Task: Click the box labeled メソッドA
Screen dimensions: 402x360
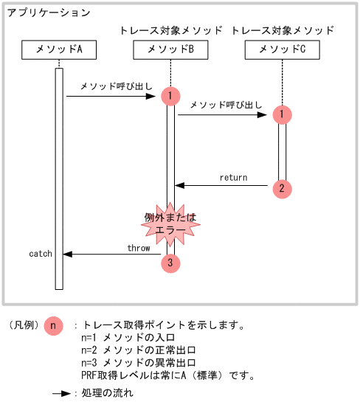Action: tap(59, 50)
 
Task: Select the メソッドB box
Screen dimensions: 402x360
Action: tap(170, 50)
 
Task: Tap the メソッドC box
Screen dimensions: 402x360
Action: tap(281, 50)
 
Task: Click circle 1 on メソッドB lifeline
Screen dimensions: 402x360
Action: tap(170, 96)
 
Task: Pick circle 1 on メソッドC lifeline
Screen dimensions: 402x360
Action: tap(281, 114)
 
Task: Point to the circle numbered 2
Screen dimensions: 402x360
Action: tap(281, 188)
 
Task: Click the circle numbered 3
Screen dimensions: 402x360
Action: tap(170, 263)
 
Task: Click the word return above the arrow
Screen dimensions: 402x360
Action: tap(233, 178)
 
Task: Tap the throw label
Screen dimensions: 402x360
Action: tap(139, 248)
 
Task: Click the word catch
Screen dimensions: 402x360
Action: tap(41, 254)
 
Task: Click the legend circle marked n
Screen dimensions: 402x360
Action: tap(53, 325)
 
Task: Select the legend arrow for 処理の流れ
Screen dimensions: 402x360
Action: tap(60, 394)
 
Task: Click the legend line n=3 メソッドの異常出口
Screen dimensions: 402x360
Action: tap(138, 363)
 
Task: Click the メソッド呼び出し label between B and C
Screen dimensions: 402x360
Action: tap(225, 105)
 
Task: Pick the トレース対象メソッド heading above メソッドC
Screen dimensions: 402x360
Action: tap(282, 30)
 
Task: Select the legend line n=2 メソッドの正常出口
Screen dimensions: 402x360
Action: tap(138, 350)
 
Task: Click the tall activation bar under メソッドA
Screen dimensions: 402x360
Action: tap(59, 177)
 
